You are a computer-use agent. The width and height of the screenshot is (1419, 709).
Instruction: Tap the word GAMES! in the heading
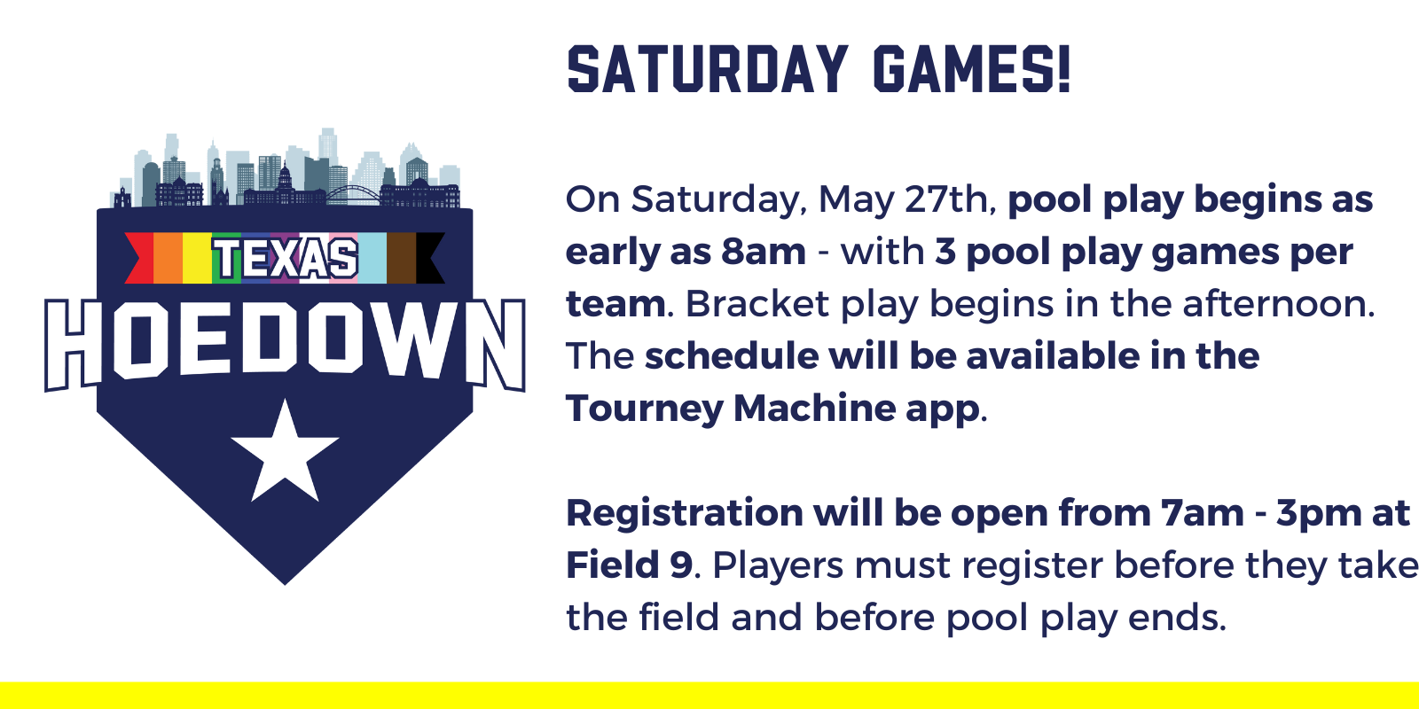coord(972,69)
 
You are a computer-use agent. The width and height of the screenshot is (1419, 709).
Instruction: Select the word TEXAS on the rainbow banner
coord(285,258)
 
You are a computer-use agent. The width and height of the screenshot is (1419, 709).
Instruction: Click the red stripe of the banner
coord(141,258)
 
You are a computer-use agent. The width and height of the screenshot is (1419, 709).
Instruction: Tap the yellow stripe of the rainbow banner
coord(197,258)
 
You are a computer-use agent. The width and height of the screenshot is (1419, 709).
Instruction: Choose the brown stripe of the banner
coord(401,258)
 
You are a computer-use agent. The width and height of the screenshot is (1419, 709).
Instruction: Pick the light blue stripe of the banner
coord(372,258)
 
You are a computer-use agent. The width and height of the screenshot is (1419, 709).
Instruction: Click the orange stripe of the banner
coord(168,258)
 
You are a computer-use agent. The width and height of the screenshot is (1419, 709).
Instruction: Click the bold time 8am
coord(764,252)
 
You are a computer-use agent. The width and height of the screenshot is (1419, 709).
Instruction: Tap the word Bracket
coord(757,304)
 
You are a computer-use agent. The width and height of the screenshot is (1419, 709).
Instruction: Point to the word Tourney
coord(644,409)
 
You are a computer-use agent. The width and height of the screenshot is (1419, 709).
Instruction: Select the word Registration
coord(685,514)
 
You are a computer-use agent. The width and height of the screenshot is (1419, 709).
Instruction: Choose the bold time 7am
coord(1202,513)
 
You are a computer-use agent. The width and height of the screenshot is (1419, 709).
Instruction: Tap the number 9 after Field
coord(682,565)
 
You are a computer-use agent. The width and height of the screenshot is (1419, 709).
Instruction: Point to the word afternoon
coord(1279,304)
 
